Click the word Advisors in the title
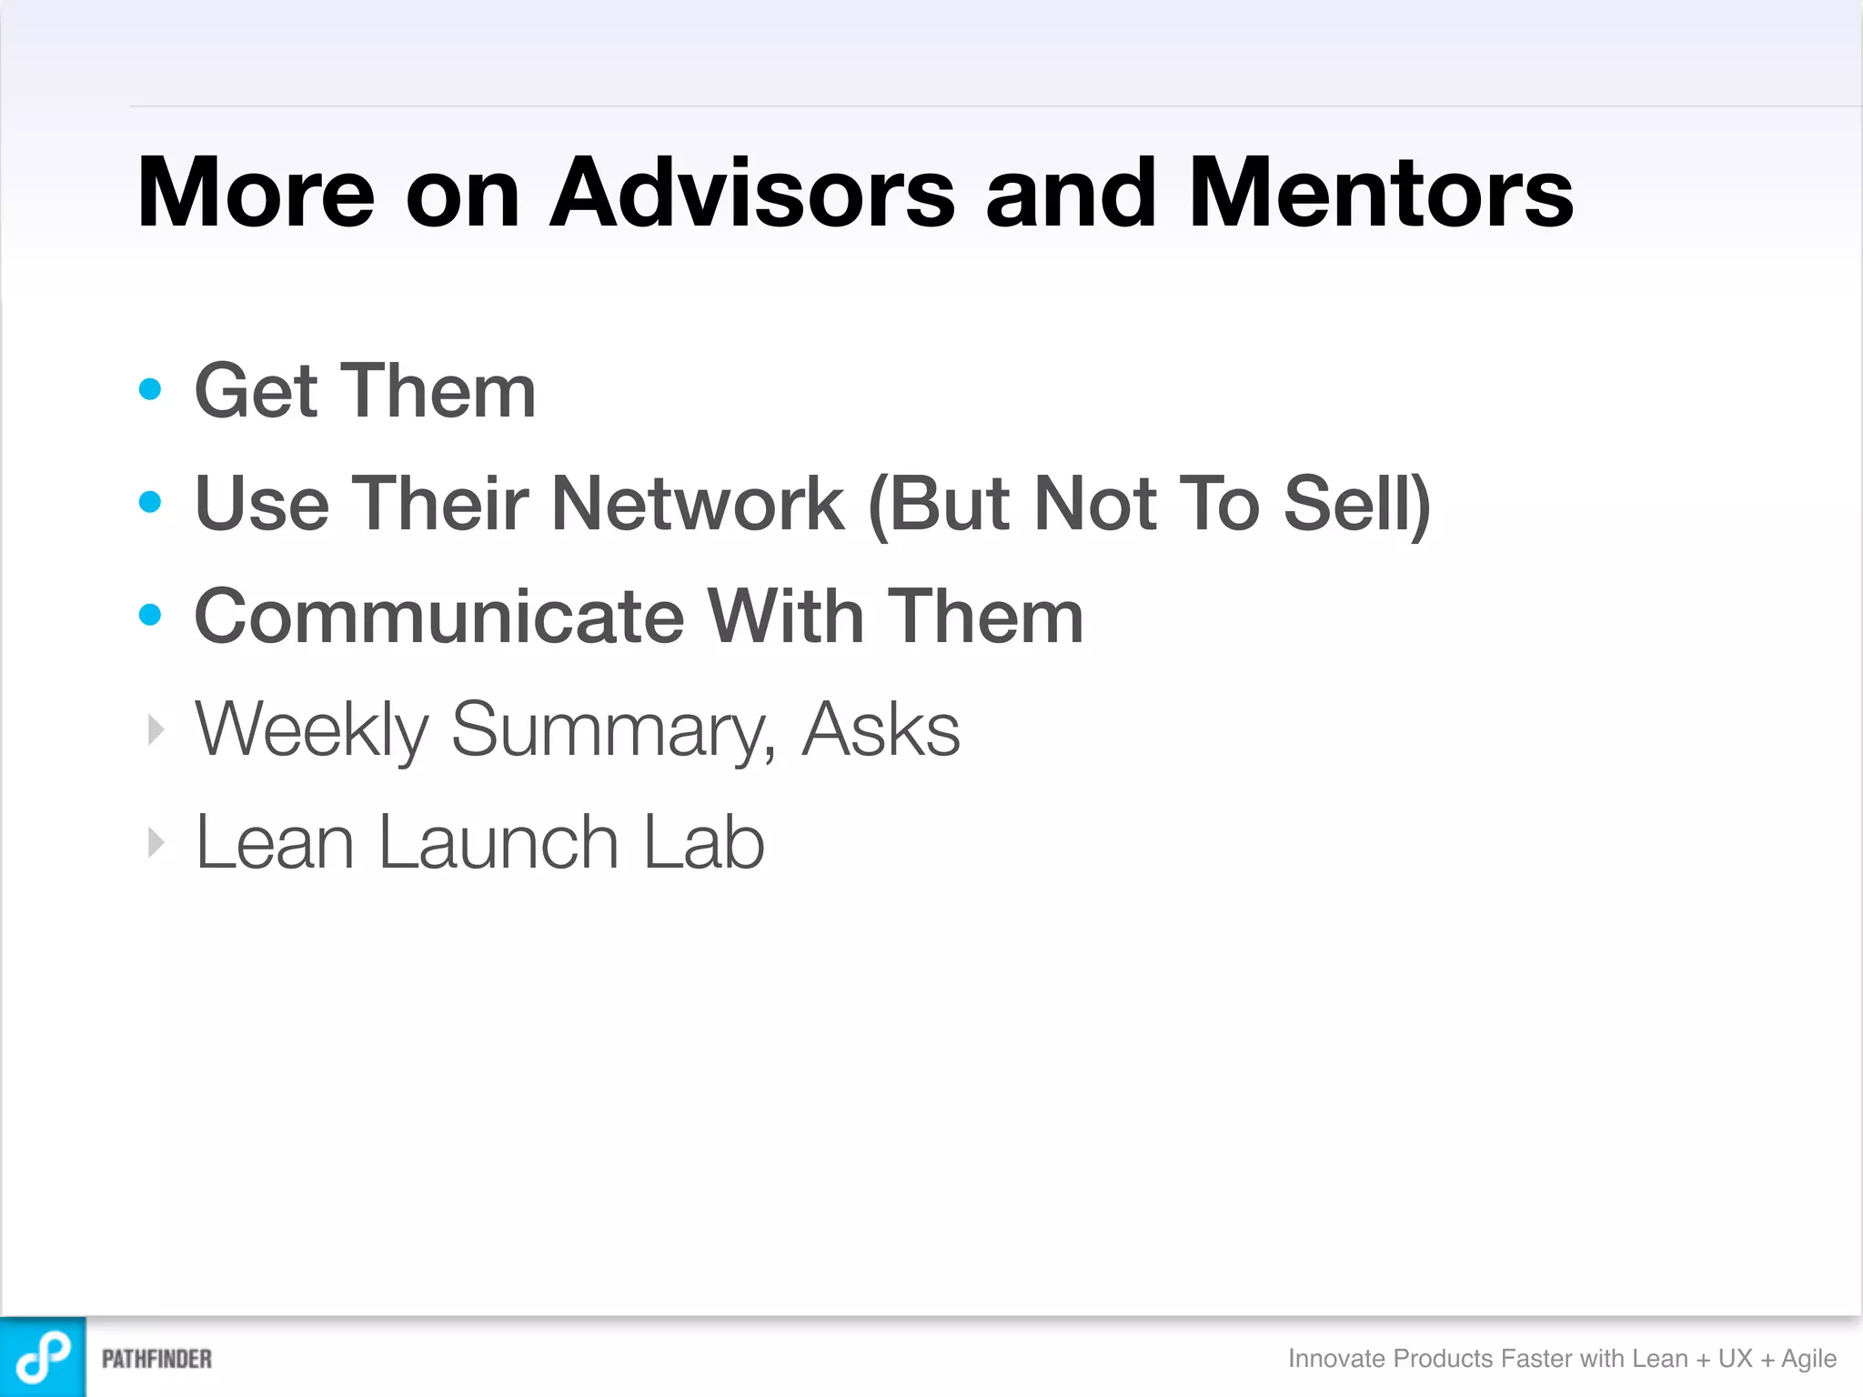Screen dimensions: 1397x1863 752,193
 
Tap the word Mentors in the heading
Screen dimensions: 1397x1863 1380,193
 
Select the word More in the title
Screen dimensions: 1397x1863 256,193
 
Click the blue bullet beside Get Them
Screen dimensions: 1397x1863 150,390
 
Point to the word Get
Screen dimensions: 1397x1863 256,391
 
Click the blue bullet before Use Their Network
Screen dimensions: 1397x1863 150,502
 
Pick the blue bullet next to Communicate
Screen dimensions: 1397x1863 150,615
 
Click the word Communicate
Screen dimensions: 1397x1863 439,617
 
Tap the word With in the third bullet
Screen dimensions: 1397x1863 785,617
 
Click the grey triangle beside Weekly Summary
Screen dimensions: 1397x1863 156,729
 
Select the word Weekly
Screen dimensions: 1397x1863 312,729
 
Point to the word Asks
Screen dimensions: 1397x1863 881,729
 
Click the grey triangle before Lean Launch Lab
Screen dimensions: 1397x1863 156,842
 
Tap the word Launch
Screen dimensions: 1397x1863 498,842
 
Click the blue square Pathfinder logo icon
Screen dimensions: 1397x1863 43,1357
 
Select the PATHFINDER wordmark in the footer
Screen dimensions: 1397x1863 156,1359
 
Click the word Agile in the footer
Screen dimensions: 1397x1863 1808,1359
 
